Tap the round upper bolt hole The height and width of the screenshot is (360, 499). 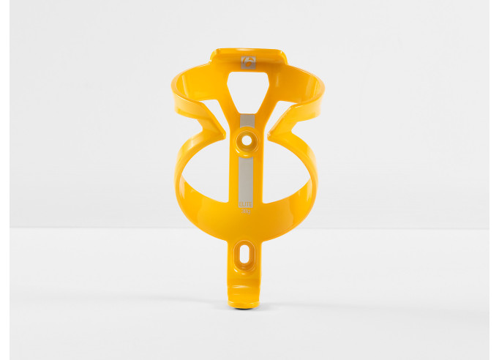(x=247, y=138)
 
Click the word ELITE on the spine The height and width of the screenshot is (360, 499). (x=247, y=207)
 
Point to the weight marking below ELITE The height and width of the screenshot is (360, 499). (x=247, y=214)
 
